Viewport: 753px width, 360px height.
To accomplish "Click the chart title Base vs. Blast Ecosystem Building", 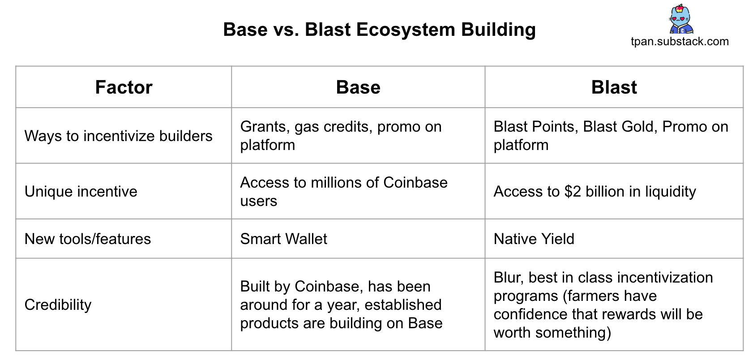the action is [x=379, y=30].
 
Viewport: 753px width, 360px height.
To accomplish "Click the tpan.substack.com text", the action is [x=680, y=41].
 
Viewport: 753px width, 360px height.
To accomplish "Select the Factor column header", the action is [x=124, y=87].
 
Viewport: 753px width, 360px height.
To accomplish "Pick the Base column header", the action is [x=358, y=87].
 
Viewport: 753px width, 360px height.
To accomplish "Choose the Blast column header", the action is [x=614, y=87].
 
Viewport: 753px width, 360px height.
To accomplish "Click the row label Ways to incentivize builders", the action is [x=119, y=136].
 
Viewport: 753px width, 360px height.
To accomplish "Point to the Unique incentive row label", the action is [x=81, y=192].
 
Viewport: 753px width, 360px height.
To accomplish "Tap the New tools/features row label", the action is [x=88, y=239].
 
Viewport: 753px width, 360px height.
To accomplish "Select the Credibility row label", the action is [x=58, y=305].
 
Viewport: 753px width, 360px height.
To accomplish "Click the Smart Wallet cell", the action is [x=284, y=239].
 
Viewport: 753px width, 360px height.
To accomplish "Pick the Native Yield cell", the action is [x=534, y=239].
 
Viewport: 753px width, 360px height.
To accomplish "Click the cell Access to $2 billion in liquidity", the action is [x=595, y=192].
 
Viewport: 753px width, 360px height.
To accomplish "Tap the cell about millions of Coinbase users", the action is [x=344, y=192].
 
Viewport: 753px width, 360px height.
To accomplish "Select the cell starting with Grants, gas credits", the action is [x=341, y=136].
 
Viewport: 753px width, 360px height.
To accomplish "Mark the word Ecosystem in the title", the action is [x=406, y=30].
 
